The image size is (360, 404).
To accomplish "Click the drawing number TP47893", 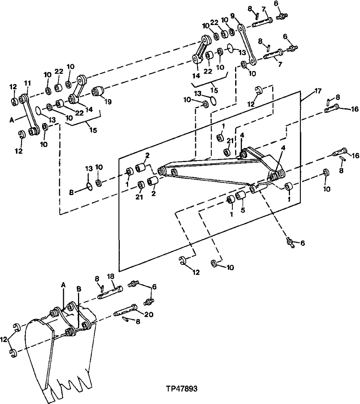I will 181,389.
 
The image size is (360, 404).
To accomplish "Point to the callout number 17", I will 318,91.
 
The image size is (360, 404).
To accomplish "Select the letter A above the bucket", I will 63,285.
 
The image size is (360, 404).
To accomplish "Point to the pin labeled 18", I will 110,292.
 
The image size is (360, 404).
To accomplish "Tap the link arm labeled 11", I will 30,114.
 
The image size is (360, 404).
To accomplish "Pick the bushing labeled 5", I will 240,197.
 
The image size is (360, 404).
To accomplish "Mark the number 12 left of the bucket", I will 4,339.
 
